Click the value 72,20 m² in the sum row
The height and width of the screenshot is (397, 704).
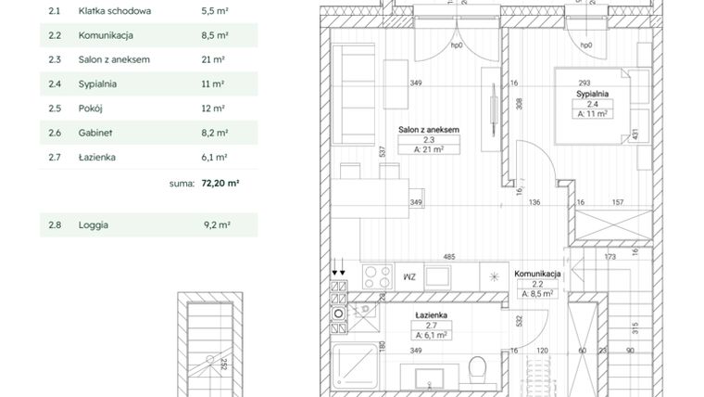pyautogui.click(x=220, y=184)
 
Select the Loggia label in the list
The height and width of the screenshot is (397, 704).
pyautogui.click(x=94, y=224)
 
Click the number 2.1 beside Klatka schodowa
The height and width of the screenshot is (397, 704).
pyautogui.click(x=54, y=12)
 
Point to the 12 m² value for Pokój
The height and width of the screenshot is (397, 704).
pyautogui.click(x=213, y=109)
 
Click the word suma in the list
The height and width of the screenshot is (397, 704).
pyautogui.click(x=181, y=184)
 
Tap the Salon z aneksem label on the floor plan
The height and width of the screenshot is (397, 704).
pyautogui.click(x=430, y=130)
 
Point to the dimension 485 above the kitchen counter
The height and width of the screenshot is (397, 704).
pyautogui.click(x=448, y=257)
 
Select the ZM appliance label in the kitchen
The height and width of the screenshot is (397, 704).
pyautogui.click(x=409, y=276)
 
